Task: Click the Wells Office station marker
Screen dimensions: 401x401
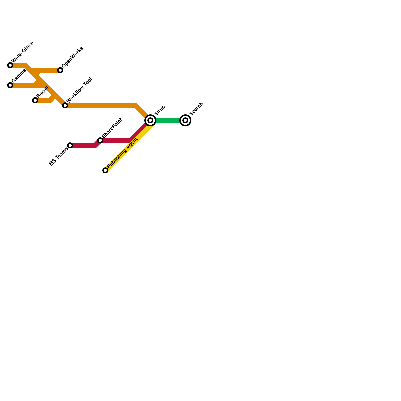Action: (10, 65)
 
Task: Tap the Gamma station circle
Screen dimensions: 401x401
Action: (10, 85)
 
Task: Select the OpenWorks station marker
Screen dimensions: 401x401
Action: (60, 70)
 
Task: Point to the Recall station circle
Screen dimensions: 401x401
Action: (35, 100)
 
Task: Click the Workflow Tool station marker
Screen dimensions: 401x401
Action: (65, 105)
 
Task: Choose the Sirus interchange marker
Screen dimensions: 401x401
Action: (150, 120)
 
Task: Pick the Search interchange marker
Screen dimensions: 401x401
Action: (185, 120)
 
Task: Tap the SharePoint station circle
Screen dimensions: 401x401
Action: (100, 140)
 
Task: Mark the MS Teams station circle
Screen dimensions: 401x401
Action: (70, 145)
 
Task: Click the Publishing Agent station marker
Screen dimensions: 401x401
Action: (105, 170)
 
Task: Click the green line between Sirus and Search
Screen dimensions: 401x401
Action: (168, 120)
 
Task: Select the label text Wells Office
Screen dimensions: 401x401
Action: (23, 52)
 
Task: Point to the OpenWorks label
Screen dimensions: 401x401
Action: (72, 57)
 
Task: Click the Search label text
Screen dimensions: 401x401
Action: (196, 109)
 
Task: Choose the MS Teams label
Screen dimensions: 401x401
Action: (58, 157)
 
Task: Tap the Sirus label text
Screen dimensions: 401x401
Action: (160, 110)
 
